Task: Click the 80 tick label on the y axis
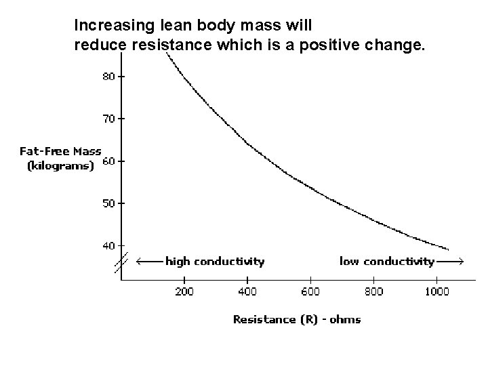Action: click(x=108, y=77)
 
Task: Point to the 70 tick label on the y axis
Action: click(x=108, y=119)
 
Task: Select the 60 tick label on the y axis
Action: click(x=108, y=161)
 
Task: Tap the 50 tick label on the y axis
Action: click(x=108, y=203)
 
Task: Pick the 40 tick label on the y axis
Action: click(x=108, y=245)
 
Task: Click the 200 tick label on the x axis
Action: click(x=184, y=292)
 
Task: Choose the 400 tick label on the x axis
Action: click(x=247, y=292)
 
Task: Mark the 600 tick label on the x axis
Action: click(x=310, y=292)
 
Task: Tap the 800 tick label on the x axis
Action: click(x=373, y=292)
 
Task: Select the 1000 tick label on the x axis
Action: click(x=437, y=292)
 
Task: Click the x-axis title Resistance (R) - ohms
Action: click(x=297, y=319)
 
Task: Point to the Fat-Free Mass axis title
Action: click(x=60, y=151)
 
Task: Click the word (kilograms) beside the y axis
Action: click(x=60, y=166)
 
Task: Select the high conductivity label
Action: click(x=215, y=261)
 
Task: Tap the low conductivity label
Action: click(x=386, y=261)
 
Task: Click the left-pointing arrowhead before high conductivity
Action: click(x=139, y=261)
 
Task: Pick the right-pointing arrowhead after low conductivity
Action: click(x=460, y=261)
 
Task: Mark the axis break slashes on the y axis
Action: click(x=121, y=262)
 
